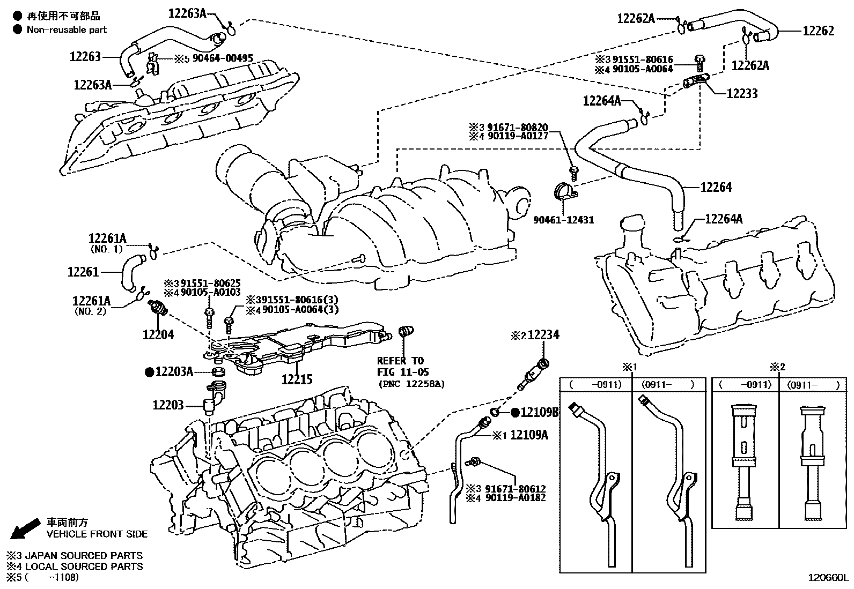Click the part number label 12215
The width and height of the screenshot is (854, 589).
(297, 379)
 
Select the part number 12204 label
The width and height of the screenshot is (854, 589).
(158, 335)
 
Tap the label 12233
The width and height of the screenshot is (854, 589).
(742, 94)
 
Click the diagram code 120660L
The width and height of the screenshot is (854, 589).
(829, 578)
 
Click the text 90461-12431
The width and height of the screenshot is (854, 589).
(563, 220)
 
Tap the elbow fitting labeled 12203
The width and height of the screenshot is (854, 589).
(213, 400)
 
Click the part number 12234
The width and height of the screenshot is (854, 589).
(543, 335)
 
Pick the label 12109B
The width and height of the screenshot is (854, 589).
(540, 412)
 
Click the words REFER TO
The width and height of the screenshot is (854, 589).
(400, 361)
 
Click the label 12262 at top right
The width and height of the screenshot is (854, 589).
(818, 31)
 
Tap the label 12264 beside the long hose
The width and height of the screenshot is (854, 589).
(716, 188)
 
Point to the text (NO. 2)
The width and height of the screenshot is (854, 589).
(90, 311)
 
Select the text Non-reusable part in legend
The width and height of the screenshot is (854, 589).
(67, 29)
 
